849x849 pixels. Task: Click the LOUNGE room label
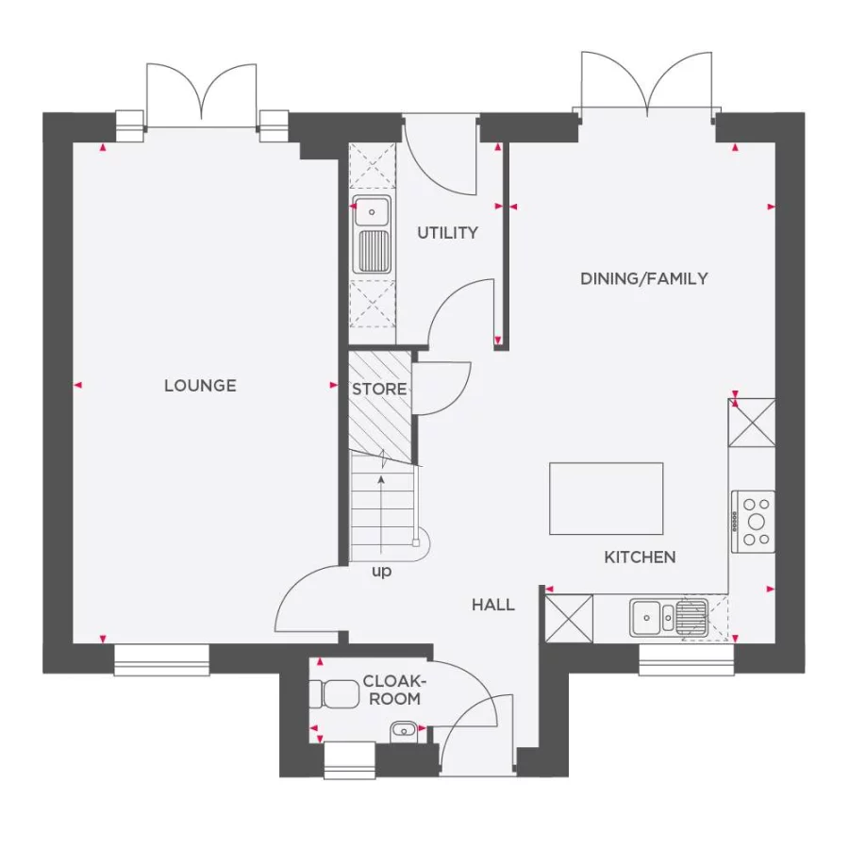pos(200,386)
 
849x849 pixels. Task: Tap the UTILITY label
pos(448,233)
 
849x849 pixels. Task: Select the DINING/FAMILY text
pos(644,278)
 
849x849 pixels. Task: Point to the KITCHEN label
pos(640,558)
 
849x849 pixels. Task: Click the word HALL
pos(493,605)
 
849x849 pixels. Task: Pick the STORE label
pos(379,389)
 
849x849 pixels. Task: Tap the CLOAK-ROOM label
pos(392,691)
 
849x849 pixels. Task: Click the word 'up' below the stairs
pos(381,572)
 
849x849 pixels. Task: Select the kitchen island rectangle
pos(607,498)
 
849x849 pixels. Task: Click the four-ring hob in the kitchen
pos(755,521)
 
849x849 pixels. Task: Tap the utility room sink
pos(372,235)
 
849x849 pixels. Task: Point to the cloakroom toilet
pos(333,693)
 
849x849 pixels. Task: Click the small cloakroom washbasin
pos(405,728)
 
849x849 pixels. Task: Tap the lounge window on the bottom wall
pos(161,659)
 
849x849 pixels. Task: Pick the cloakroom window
pos(349,759)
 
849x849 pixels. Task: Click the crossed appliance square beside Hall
pos(570,619)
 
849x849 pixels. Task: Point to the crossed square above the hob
pos(752,422)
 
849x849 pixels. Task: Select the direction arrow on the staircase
pos(381,509)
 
